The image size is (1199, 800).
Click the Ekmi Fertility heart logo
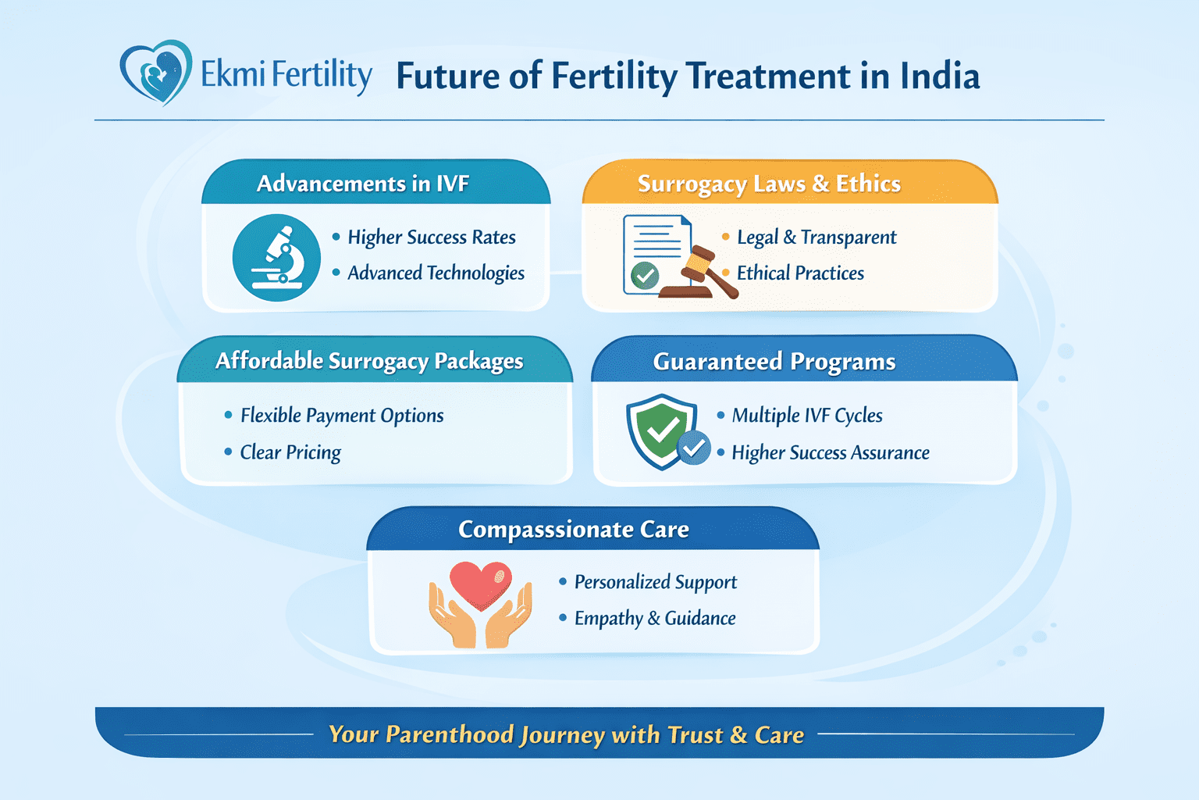tap(156, 73)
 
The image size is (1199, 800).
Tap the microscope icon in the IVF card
tap(276, 257)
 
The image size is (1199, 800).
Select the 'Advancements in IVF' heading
tap(363, 184)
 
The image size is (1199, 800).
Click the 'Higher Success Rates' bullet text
tap(431, 237)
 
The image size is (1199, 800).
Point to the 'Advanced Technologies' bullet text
tap(436, 273)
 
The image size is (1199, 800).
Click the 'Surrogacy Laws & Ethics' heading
tap(769, 184)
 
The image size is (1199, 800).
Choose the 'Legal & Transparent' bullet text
tap(817, 237)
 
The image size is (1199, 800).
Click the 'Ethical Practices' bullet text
tap(800, 273)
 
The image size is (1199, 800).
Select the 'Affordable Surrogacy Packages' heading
tap(369, 361)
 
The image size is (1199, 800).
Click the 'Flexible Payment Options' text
tap(342, 415)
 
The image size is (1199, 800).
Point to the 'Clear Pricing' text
tap(290, 452)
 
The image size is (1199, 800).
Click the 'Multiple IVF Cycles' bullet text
tap(807, 415)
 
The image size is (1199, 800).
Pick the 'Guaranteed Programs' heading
tap(774, 362)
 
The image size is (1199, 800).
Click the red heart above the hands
tap(481, 584)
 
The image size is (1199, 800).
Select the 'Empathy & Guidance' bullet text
tap(655, 618)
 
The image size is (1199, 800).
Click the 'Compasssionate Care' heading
tap(574, 530)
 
